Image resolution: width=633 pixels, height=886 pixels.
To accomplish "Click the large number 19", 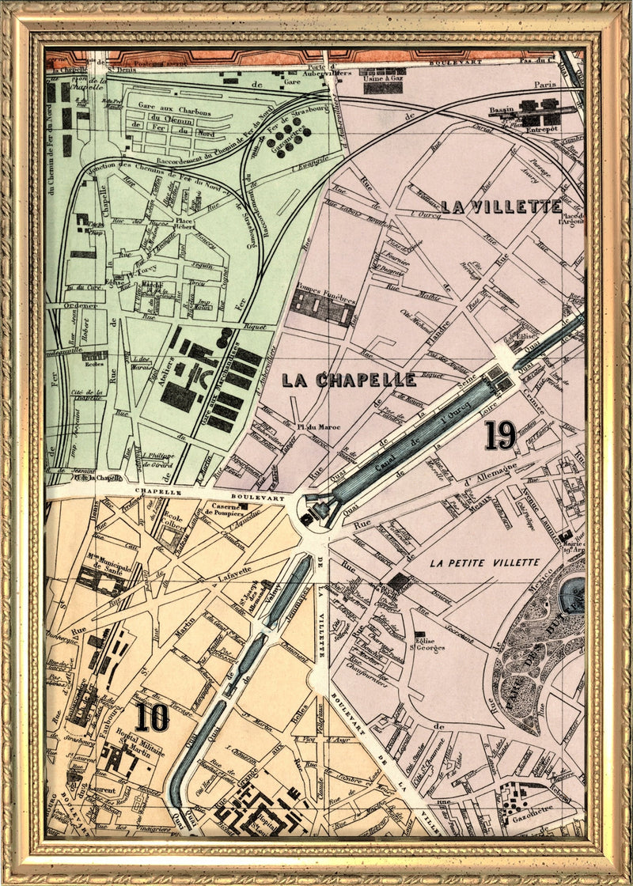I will tap(501, 435).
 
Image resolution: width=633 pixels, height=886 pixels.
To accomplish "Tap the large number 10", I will tap(151, 718).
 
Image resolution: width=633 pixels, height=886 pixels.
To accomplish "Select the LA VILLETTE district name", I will tap(501, 207).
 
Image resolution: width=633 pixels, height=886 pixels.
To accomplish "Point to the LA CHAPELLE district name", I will tap(349, 381).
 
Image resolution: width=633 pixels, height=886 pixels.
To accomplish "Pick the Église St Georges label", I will tap(427, 642).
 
